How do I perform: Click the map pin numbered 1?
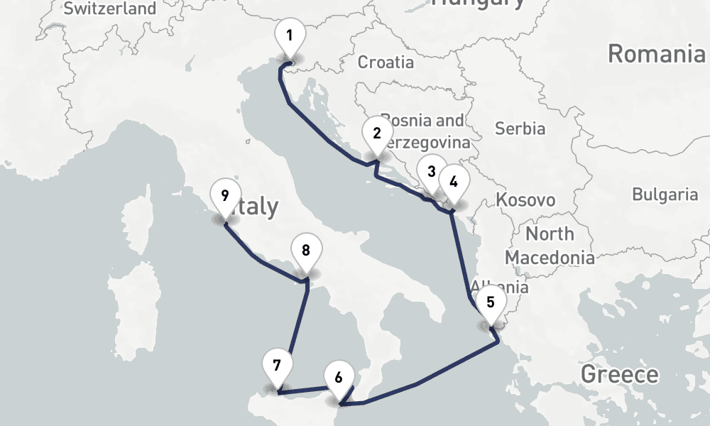point(289,36)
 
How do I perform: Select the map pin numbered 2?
point(376,133)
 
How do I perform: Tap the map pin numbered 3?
point(431,172)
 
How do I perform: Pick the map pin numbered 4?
point(454,180)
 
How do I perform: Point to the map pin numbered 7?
point(277,366)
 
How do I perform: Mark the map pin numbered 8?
point(306,251)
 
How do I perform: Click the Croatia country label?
point(386,62)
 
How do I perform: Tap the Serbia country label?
point(520,129)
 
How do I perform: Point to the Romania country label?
point(657,53)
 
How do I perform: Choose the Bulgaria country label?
point(665,194)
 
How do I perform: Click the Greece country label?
point(619,373)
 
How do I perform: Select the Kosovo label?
point(525,200)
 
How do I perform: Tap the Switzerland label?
point(109,9)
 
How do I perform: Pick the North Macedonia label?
point(550,245)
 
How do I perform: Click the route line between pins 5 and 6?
point(426,380)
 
